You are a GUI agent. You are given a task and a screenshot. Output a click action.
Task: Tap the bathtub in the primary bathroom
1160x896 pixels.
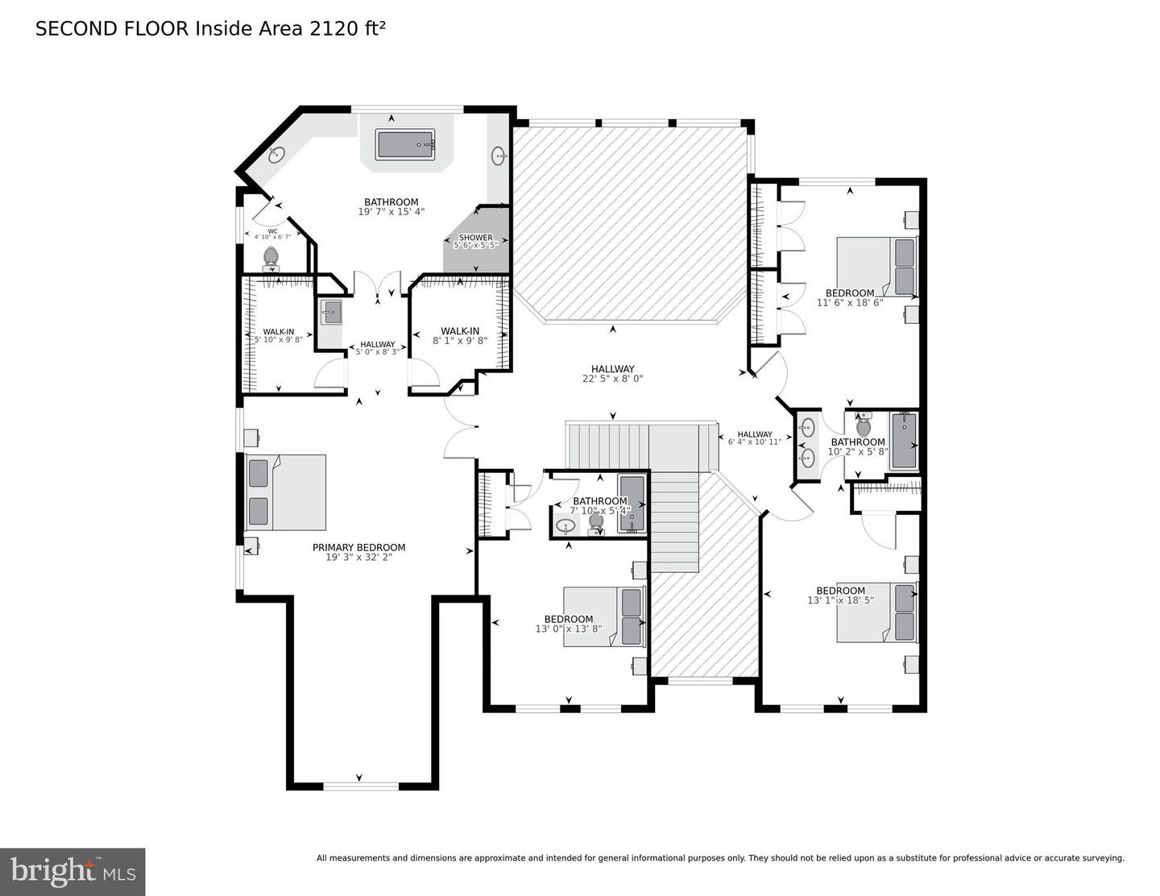click(406, 145)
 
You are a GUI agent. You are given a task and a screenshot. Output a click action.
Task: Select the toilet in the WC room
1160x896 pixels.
click(271, 258)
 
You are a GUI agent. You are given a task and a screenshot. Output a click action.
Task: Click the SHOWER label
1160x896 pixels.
click(475, 238)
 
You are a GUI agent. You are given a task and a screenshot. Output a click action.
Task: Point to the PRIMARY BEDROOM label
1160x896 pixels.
click(358, 547)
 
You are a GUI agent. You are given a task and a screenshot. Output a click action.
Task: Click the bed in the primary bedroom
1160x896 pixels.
click(287, 492)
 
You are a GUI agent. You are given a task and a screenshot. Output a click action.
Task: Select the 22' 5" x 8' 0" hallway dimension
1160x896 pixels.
click(612, 379)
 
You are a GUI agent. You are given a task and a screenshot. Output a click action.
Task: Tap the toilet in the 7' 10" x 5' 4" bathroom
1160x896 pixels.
click(596, 522)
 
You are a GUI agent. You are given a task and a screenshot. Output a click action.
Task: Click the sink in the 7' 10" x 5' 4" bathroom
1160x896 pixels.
click(565, 525)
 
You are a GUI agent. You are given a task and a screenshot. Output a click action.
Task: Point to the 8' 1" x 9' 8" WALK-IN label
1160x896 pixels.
click(460, 331)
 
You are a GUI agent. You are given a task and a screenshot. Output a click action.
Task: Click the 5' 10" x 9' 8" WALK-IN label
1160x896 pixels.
click(278, 332)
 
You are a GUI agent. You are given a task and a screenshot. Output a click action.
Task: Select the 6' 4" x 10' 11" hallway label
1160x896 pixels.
click(755, 435)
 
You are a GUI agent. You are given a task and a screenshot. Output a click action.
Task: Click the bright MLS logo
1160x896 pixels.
click(72, 872)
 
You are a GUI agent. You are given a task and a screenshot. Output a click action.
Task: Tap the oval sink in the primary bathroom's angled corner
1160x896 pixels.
click(275, 155)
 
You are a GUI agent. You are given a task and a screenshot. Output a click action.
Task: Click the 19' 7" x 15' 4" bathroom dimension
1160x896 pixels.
click(391, 212)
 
